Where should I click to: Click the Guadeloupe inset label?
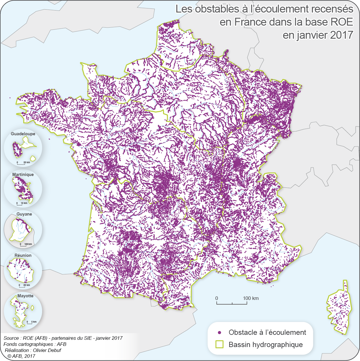23,134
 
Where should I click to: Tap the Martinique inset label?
23,175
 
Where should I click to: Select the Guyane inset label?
24,214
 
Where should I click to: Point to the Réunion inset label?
23,255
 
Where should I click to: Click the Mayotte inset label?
25,296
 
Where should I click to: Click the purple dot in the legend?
220,332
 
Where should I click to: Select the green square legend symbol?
219,344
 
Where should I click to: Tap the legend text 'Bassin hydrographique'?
266,345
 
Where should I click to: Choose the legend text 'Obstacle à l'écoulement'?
267,332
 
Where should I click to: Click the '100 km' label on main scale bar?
251,298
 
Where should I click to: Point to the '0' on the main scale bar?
216,298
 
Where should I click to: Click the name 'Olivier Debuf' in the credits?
47,350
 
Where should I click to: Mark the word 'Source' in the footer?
11,338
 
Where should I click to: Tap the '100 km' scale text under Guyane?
28,244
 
